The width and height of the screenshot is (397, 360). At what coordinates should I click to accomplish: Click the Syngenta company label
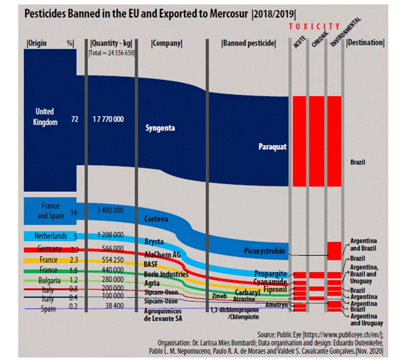click(160, 128)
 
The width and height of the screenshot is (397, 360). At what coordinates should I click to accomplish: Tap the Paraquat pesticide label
click(272, 147)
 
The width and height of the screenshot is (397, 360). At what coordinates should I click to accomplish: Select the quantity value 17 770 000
click(108, 119)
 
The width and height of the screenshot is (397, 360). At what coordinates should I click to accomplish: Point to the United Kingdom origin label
click(44, 117)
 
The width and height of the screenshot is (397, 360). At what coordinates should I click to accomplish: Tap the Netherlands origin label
click(50, 235)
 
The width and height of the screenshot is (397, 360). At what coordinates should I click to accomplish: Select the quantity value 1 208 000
click(109, 234)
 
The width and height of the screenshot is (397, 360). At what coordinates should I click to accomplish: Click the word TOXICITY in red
click(315, 26)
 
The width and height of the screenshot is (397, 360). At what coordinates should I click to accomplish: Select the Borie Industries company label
click(166, 274)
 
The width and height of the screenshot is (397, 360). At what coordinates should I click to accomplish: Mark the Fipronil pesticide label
click(275, 289)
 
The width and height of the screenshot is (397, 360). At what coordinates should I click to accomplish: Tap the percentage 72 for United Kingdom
click(74, 120)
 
